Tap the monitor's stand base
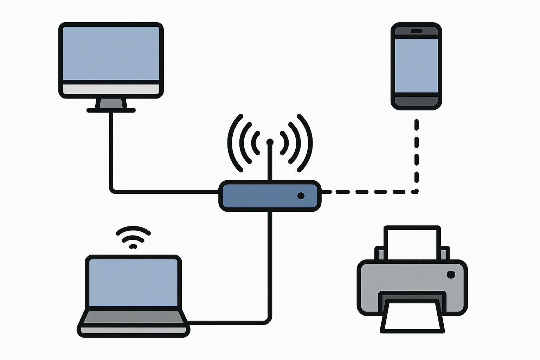click(111, 110)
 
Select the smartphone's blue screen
click(416, 65)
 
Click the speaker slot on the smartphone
click(416, 31)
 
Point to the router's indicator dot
click(301, 196)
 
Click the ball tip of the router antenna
click(270, 142)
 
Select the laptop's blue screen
click(133, 283)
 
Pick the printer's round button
click(451, 274)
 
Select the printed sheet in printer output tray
click(412, 316)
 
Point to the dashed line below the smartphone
click(417, 155)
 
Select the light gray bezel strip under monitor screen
click(111, 89)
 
